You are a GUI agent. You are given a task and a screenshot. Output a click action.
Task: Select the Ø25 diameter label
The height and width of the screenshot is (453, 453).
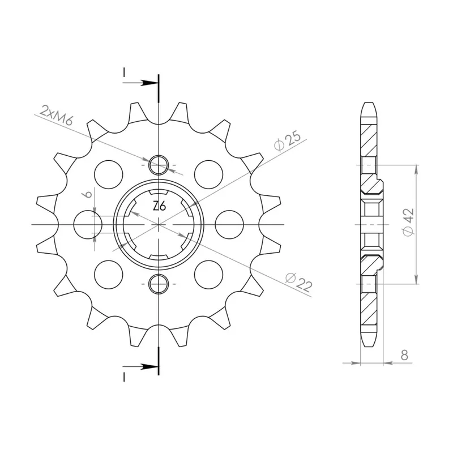[x=288, y=141]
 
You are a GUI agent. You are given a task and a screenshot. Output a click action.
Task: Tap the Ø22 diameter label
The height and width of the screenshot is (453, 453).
[x=299, y=282]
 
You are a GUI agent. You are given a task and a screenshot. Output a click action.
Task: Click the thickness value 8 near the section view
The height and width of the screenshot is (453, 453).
[x=404, y=355]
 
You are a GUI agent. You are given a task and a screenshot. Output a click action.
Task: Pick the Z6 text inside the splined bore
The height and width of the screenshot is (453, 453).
[x=159, y=206]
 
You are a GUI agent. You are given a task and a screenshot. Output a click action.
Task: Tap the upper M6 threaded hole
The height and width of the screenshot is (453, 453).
[x=159, y=165]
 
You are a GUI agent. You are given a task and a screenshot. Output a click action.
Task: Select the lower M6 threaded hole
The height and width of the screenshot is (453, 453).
[x=159, y=284]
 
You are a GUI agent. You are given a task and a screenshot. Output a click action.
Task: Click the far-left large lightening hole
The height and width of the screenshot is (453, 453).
[x=88, y=224]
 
